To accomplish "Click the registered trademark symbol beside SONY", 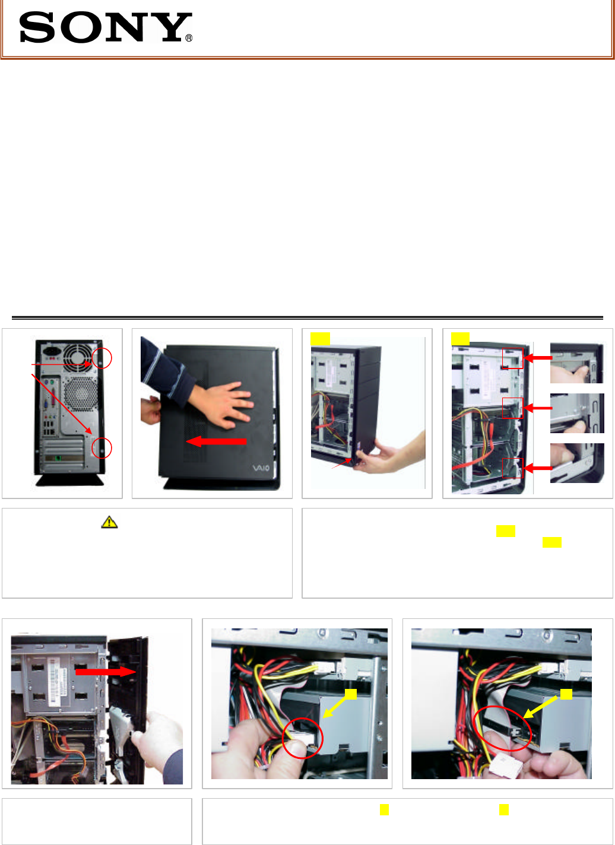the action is click(x=189, y=38).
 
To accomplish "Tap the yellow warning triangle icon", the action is click(x=109, y=522).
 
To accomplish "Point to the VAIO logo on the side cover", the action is click(x=261, y=468).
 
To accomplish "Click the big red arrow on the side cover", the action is click(x=216, y=441).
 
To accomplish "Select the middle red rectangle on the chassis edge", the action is click(x=513, y=398).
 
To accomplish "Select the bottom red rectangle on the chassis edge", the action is click(x=513, y=458).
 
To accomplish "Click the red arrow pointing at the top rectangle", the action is click(x=538, y=358).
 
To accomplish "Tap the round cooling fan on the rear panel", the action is click(x=78, y=358).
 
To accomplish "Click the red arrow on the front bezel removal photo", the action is click(x=105, y=672).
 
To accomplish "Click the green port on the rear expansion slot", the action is click(x=58, y=458).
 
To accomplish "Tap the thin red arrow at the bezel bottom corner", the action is click(x=342, y=463).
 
